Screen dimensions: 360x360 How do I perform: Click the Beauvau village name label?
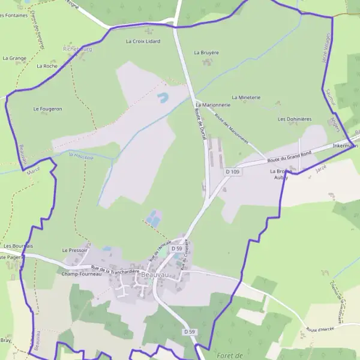(155, 275)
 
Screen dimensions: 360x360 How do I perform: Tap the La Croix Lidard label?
(143, 41)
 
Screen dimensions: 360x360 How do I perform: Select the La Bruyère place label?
(206, 53)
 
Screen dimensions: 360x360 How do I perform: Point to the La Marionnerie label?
(214, 105)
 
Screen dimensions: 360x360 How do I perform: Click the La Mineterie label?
(246, 97)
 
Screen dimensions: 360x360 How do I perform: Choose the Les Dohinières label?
(295, 119)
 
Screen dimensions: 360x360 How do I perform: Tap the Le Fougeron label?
(48, 109)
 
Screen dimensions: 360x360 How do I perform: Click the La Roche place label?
(47, 66)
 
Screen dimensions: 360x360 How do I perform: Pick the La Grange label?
(14, 59)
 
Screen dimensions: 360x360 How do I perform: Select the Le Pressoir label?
(75, 250)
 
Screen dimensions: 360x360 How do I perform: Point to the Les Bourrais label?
(18, 246)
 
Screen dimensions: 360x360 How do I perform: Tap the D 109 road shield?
(233, 172)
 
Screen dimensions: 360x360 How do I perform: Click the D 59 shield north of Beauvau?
(176, 248)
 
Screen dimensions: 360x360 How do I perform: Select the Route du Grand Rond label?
(290, 157)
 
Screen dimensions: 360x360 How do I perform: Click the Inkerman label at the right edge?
(345, 146)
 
